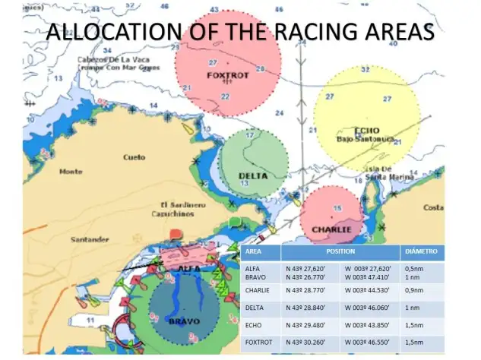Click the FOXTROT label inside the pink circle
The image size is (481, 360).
click(228, 75)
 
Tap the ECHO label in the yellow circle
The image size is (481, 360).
click(366, 129)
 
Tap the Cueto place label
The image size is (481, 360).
click(134, 157)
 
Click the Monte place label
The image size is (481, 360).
click(71, 172)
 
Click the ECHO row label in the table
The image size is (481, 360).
click(254, 325)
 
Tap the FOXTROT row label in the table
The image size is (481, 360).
click(258, 343)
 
